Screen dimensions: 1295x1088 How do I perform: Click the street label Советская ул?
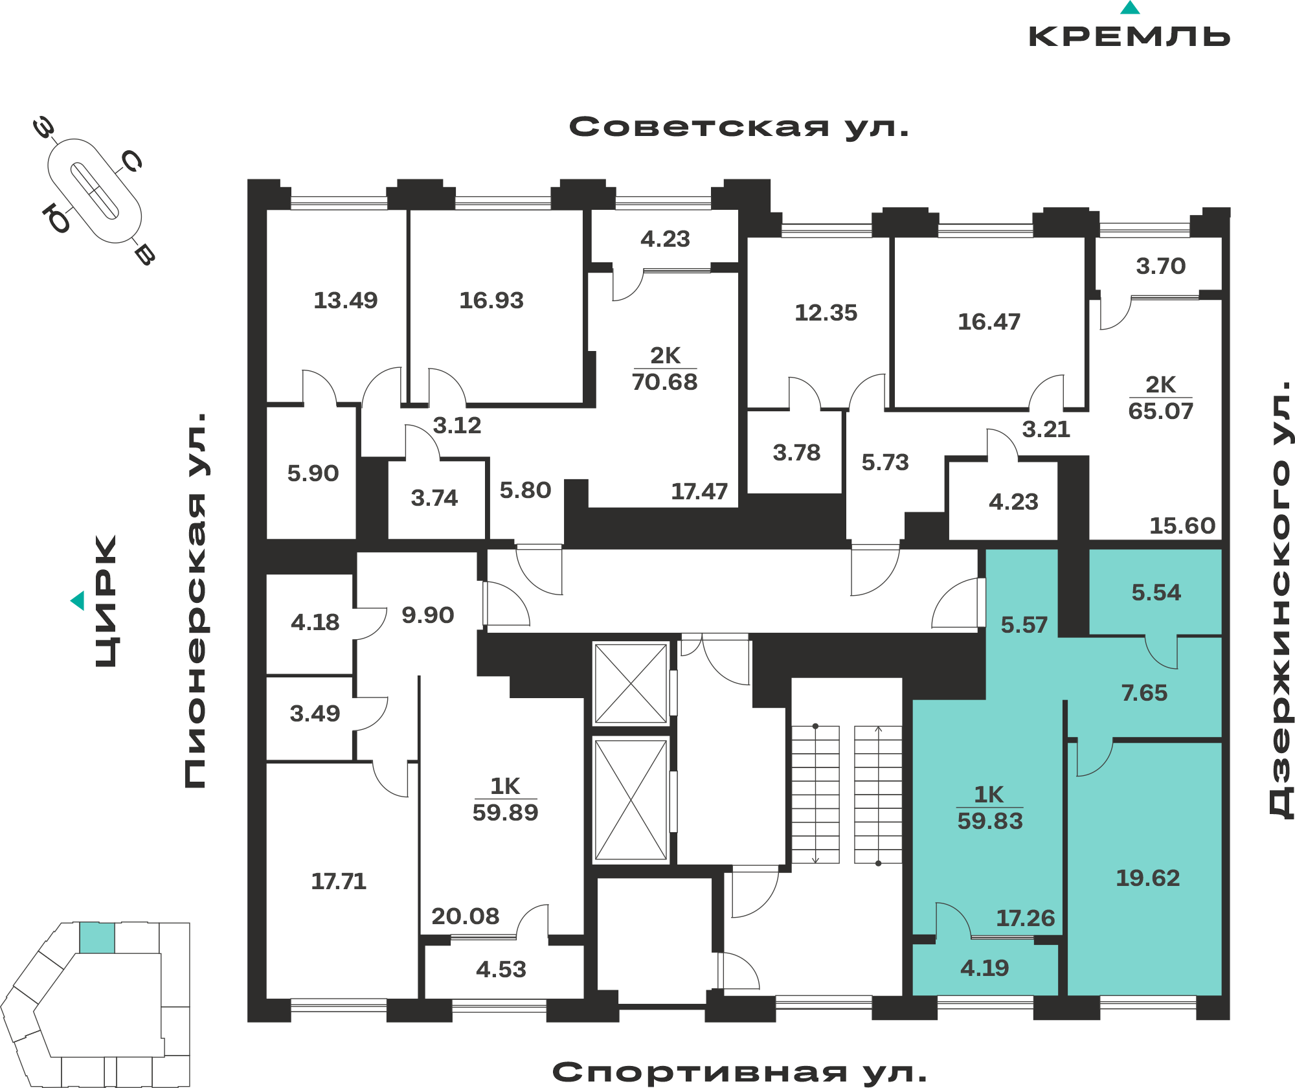tap(739, 127)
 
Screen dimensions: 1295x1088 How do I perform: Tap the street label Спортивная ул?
tap(739, 1072)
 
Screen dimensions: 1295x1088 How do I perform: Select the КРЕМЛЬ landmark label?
tap(1130, 36)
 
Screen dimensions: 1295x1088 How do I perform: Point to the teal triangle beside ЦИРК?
tap(78, 600)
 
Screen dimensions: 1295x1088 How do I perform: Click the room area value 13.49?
tap(346, 300)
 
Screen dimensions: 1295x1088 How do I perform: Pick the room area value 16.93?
tap(491, 300)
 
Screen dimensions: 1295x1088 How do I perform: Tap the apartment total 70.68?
tap(665, 382)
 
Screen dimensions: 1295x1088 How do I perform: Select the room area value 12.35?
tap(826, 313)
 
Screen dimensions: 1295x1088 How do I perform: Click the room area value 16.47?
tap(989, 322)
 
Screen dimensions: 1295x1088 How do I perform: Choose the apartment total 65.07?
tap(1161, 411)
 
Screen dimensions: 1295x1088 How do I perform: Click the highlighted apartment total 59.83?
tap(990, 821)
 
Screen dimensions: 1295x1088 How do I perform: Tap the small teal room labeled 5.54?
tap(1156, 591)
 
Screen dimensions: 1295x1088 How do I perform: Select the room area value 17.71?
tap(339, 881)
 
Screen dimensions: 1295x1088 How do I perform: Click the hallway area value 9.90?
tap(428, 615)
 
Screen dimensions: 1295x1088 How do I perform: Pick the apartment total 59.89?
tap(505, 813)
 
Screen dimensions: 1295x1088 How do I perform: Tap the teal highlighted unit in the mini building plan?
tap(97, 938)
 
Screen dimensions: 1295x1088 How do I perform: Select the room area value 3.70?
tap(1161, 266)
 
